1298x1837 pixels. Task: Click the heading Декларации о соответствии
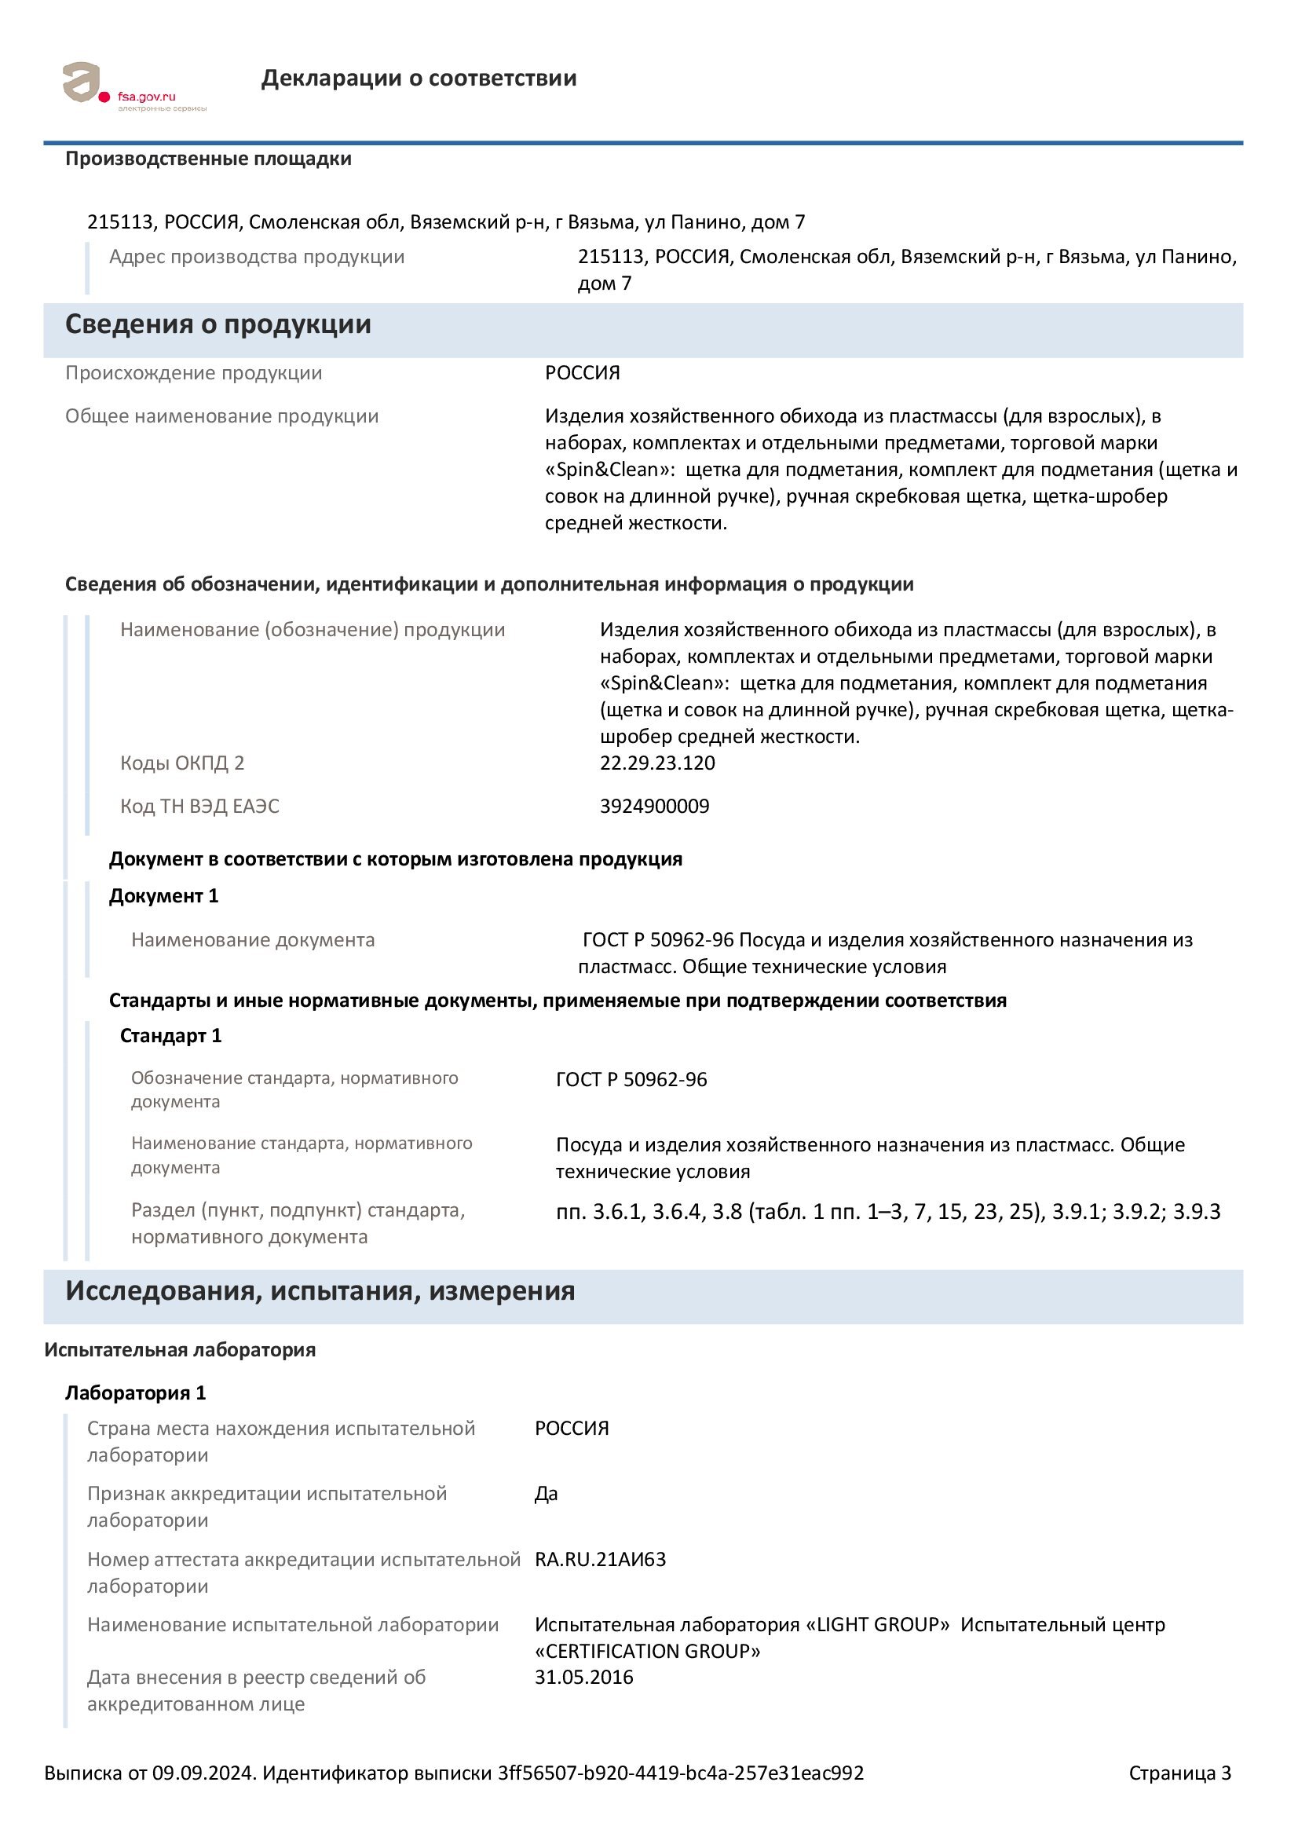pyautogui.click(x=419, y=79)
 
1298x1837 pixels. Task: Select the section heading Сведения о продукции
pyautogui.click(x=218, y=324)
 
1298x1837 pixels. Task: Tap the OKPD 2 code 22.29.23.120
pyautogui.click(x=657, y=763)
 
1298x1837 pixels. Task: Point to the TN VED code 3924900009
pyautogui.click(x=654, y=806)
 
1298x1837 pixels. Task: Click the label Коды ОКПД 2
pyautogui.click(x=181, y=763)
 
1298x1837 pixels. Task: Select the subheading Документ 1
pyautogui.click(x=163, y=895)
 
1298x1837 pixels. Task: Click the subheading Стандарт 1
pyautogui.click(x=170, y=1035)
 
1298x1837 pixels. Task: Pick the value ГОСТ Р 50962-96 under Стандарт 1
pyautogui.click(x=631, y=1079)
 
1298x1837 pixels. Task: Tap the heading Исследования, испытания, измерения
pyautogui.click(x=320, y=1290)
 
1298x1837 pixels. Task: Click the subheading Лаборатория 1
pyautogui.click(x=135, y=1393)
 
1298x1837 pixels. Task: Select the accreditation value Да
pyautogui.click(x=547, y=1494)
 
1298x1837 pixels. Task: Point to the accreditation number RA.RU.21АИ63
pyautogui.click(x=600, y=1560)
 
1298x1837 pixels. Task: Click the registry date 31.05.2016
pyautogui.click(x=583, y=1677)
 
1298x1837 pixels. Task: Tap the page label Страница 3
pyautogui.click(x=1179, y=1773)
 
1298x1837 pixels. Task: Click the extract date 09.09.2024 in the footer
pyautogui.click(x=203, y=1773)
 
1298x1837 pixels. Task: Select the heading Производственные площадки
pyautogui.click(x=208, y=159)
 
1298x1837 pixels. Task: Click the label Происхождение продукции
pyautogui.click(x=193, y=373)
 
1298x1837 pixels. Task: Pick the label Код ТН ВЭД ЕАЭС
pyautogui.click(x=199, y=806)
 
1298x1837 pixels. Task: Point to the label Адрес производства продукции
pyautogui.click(x=257, y=257)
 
